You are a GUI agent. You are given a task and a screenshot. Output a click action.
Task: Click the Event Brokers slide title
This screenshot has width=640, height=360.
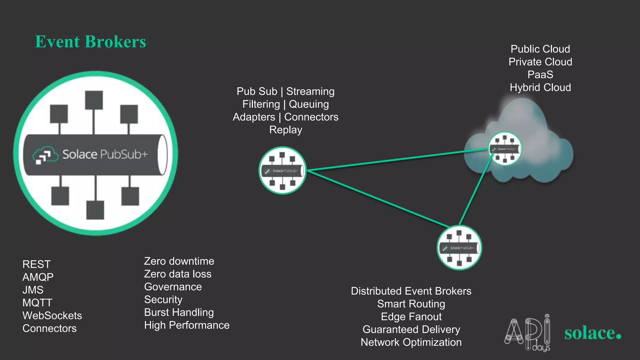pyautogui.click(x=90, y=42)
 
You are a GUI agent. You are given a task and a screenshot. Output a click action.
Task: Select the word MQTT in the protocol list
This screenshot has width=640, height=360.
pyautogui.click(x=37, y=302)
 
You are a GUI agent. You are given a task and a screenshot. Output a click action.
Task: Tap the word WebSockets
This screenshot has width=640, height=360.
pyautogui.click(x=52, y=315)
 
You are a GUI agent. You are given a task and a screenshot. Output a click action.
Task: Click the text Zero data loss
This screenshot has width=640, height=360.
pyautogui.click(x=177, y=274)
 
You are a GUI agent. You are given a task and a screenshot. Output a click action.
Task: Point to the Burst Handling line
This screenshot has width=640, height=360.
pyautogui.click(x=179, y=312)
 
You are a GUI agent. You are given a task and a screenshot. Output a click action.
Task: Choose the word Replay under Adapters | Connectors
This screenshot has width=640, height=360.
pyautogui.click(x=286, y=129)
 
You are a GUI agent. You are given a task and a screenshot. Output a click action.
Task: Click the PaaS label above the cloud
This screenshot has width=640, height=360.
pyautogui.click(x=540, y=74)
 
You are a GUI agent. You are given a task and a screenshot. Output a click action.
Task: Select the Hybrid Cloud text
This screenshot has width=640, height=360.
pyautogui.click(x=540, y=87)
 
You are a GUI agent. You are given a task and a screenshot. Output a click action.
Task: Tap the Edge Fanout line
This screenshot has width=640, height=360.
pyautogui.click(x=411, y=317)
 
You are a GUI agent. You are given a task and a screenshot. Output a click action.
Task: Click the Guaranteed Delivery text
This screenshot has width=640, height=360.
pyautogui.click(x=411, y=329)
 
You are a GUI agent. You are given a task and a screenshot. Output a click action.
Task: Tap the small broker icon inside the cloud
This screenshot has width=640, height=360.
pyautogui.click(x=505, y=149)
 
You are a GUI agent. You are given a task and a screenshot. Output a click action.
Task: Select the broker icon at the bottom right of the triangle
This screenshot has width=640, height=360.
pyautogui.click(x=459, y=247)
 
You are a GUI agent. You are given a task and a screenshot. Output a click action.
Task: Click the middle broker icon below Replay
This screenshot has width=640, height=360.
pyautogui.click(x=282, y=171)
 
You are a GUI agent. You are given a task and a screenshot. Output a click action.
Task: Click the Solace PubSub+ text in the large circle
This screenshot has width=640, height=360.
pyautogui.click(x=105, y=154)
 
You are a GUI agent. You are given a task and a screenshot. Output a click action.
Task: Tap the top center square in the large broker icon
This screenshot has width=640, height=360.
pyautogui.click(x=94, y=100)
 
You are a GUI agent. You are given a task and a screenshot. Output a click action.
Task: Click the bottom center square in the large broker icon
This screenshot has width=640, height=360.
pyautogui.click(x=95, y=210)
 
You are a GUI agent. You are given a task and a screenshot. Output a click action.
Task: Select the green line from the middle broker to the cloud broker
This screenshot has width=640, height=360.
pyautogui.click(x=397, y=160)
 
